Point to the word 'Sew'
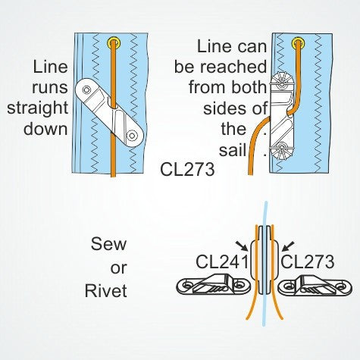pos(108,245)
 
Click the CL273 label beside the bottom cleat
pos(308,262)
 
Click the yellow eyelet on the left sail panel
pos(114,42)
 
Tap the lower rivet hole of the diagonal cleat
pos(133,135)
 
